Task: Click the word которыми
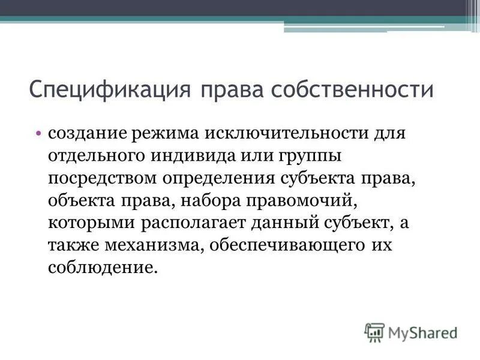pyautogui.click(x=92, y=224)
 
